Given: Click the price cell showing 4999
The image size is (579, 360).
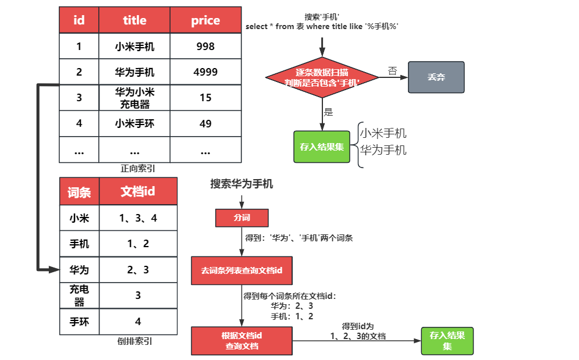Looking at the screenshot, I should [x=205, y=72].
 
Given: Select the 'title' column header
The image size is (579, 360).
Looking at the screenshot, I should [x=134, y=20].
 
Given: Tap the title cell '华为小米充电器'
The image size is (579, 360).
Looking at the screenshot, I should [x=134, y=98].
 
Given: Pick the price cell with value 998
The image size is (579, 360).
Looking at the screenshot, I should [x=205, y=47].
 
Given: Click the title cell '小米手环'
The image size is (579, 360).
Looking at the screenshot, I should [x=134, y=123].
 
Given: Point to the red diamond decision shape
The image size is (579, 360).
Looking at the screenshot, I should [x=322, y=78].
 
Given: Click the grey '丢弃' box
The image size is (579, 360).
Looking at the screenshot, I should [x=436, y=77].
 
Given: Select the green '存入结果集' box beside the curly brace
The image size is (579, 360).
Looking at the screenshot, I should [x=322, y=147].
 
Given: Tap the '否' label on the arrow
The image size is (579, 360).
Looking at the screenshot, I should [x=392, y=71].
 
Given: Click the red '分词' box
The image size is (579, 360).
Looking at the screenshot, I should [x=241, y=218].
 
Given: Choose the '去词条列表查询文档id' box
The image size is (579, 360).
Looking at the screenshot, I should [x=241, y=270].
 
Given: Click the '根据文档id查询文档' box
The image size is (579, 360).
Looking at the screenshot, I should [x=241, y=341].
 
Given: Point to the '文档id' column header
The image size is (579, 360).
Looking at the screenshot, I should [x=138, y=192].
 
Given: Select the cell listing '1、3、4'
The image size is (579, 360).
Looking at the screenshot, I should [x=138, y=219].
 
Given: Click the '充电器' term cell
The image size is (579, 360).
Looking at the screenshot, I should [x=79, y=295].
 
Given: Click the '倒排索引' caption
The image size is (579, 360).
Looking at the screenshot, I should [x=135, y=341].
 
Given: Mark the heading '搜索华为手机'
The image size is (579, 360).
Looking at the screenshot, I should [x=241, y=184].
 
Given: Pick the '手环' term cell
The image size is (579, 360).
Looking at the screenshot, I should [x=79, y=322].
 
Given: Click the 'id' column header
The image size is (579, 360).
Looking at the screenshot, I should [x=79, y=20].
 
